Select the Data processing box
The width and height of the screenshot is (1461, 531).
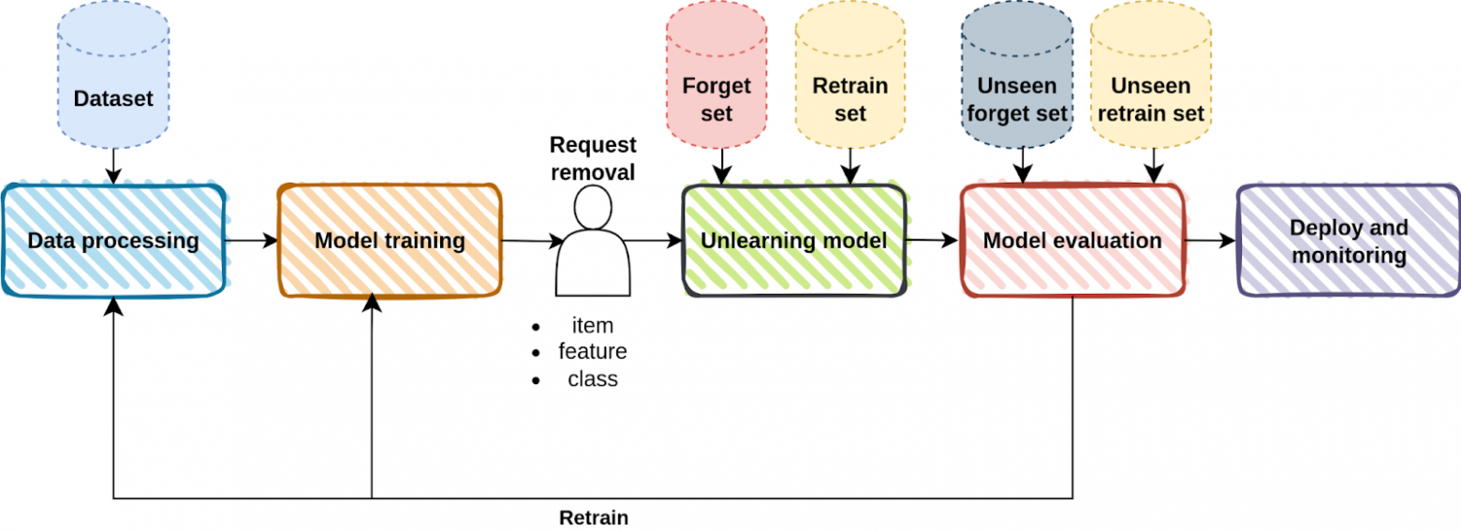point(113,241)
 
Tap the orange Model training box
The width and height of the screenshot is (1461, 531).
point(390,241)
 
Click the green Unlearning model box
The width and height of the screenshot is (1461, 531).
point(793,241)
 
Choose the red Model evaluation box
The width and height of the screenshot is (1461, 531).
point(1071,241)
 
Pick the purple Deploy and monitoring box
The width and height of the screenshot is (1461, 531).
point(1349,241)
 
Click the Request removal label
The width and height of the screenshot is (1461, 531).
point(592,158)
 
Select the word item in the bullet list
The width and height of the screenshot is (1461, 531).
point(592,326)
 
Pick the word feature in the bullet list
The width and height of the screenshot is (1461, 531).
point(592,352)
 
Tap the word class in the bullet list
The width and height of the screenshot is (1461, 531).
point(592,379)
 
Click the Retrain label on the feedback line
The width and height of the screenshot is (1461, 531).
point(593,518)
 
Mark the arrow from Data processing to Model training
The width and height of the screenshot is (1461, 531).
point(251,241)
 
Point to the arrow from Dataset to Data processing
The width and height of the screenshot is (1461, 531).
point(112,166)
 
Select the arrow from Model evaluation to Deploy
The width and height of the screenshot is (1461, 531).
point(1209,241)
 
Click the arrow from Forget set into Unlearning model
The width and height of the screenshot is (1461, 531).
point(721,168)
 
